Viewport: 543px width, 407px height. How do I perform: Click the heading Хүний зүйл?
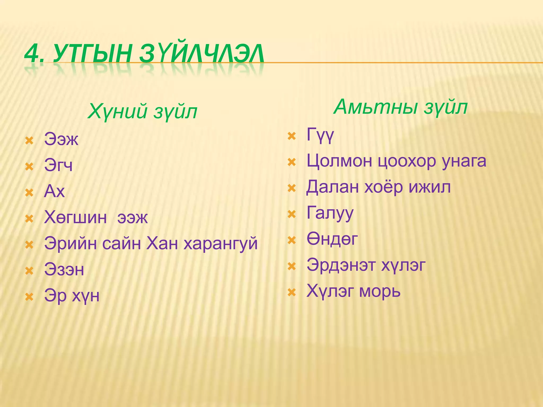(x=142, y=111)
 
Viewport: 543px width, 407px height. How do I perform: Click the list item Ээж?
(x=61, y=139)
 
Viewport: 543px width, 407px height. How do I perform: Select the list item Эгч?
(x=58, y=165)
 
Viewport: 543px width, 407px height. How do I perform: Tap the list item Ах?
(x=54, y=191)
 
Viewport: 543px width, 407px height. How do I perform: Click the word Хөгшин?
(x=76, y=218)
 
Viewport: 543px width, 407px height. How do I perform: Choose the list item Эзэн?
(x=64, y=270)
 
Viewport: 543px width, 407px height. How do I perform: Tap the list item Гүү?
(x=320, y=135)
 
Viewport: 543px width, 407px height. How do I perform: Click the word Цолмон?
(x=339, y=161)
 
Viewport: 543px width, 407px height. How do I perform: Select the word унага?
(x=464, y=161)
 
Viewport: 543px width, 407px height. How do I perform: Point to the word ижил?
(x=430, y=187)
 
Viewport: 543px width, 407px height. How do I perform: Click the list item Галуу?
(x=330, y=213)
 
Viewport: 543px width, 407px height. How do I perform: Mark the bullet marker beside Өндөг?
(x=292, y=240)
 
